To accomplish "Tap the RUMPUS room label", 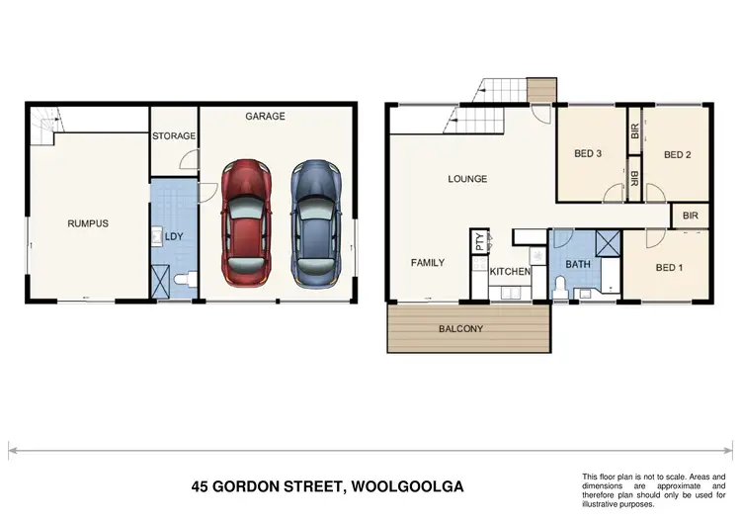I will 88,223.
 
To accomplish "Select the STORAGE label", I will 174,136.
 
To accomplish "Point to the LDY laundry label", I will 174,237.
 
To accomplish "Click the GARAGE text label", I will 265,117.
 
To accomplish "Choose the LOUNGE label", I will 467,179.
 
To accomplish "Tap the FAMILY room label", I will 428,263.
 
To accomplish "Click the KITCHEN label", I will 511,271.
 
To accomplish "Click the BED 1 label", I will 669,268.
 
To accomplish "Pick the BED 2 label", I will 677,154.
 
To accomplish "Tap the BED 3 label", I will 588,153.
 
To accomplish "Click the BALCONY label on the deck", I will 460,328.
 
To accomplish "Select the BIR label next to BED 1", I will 690,215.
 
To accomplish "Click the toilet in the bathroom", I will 560,288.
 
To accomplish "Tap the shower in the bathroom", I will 607,243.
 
